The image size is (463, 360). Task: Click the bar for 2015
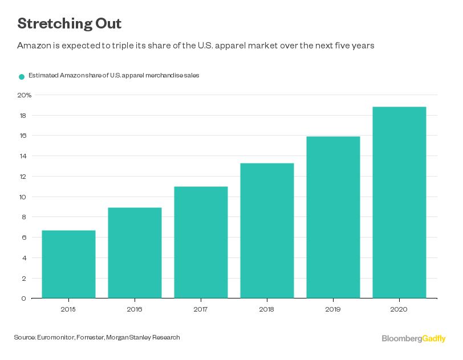(x=68, y=264)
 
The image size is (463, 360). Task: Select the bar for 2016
(x=135, y=252)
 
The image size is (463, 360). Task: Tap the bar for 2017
(x=201, y=242)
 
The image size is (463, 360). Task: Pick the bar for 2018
(x=267, y=230)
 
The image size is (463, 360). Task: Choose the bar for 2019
(x=333, y=217)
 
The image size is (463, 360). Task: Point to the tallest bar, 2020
(x=399, y=202)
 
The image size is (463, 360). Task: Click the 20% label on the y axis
(x=24, y=95)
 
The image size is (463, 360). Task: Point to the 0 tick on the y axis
(x=23, y=298)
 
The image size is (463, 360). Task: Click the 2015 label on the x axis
(x=68, y=309)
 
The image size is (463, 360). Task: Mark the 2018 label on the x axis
(x=267, y=309)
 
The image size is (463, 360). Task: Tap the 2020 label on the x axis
(x=399, y=309)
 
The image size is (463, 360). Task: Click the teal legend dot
(x=22, y=76)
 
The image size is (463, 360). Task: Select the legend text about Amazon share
(x=113, y=76)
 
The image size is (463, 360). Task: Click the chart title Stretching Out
(x=69, y=24)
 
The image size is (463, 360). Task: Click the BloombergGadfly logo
(x=413, y=338)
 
